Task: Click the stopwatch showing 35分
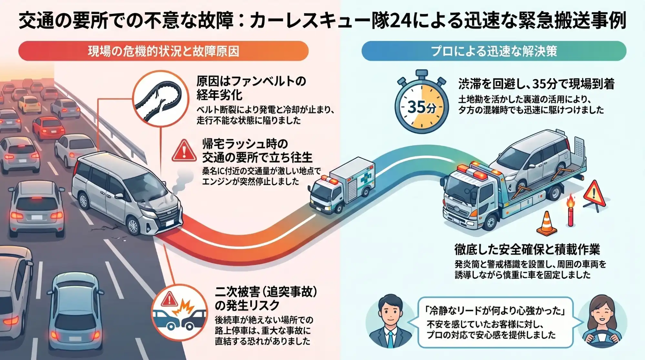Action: [x=421, y=105]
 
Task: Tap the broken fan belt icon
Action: [x=160, y=98]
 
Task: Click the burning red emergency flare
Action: [x=571, y=211]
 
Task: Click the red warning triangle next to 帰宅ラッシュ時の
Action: [x=184, y=151]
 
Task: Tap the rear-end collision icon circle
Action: [x=179, y=312]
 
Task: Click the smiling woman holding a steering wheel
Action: [x=602, y=323]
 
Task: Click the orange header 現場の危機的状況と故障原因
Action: [x=163, y=51]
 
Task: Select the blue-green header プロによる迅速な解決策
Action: [x=494, y=51]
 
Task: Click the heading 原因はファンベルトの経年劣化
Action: [x=251, y=88]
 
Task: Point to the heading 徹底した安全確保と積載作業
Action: [x=527, y=249]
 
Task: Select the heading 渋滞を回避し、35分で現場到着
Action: [x=536, y=84]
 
